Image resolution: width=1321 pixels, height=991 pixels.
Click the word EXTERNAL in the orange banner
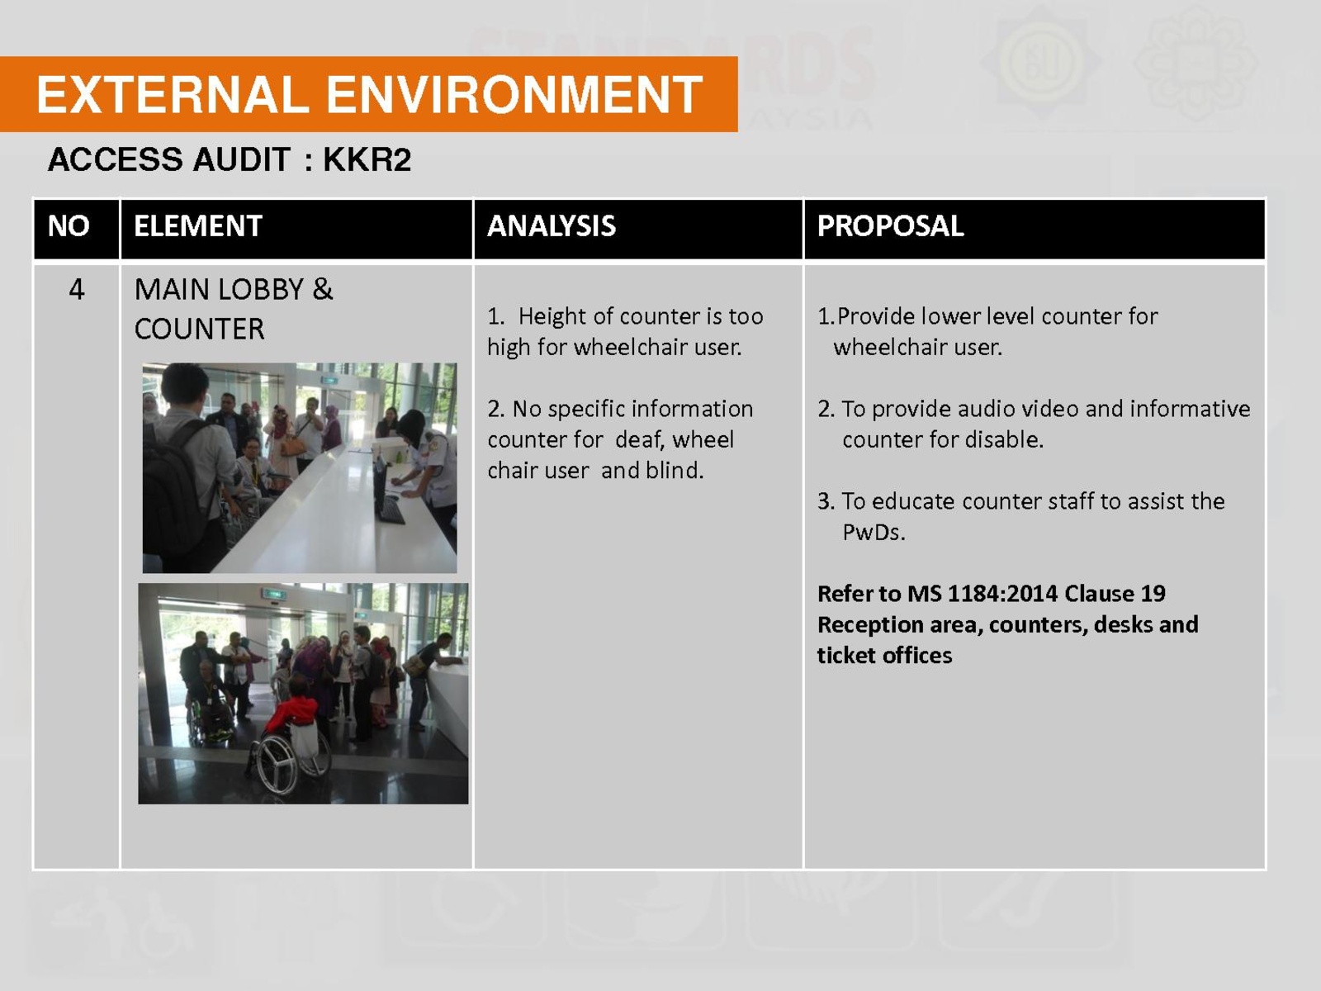click(x=173, y=94)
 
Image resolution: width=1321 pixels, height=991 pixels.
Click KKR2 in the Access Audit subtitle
click(x=367, y=159)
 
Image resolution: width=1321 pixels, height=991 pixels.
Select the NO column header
click(x=69, y=226)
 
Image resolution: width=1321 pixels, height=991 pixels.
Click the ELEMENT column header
click(x=198, y=226)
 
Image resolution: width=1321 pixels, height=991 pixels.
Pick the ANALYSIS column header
click(x=552, y=226)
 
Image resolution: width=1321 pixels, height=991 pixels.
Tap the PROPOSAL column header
click(x=891, y=226)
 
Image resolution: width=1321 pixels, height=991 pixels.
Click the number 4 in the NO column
click(x=77, y=289)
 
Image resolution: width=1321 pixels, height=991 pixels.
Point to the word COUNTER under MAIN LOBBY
click(x=199, y=330)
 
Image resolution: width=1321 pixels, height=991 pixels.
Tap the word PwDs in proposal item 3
click(x=874, y=532)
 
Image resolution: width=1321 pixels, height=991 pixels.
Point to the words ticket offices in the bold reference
click(x=885, y=655)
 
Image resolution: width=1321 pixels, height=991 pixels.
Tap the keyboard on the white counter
click(x=392, y=511)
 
